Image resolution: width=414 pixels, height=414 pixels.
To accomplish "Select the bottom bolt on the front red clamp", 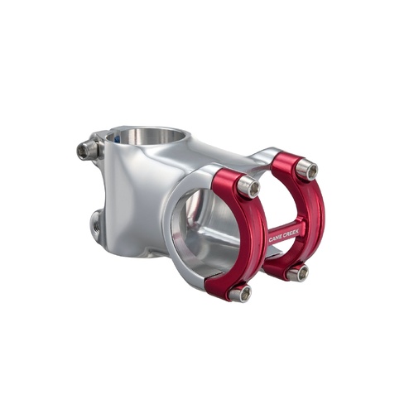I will click(x=240, y=292).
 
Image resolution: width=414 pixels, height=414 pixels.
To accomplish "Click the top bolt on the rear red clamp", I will click(x=306, y=171).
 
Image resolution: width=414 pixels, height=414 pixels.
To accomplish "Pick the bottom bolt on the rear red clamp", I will click(x=298, y=272).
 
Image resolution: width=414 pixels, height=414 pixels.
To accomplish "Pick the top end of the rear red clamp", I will click(x=286, y=157).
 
